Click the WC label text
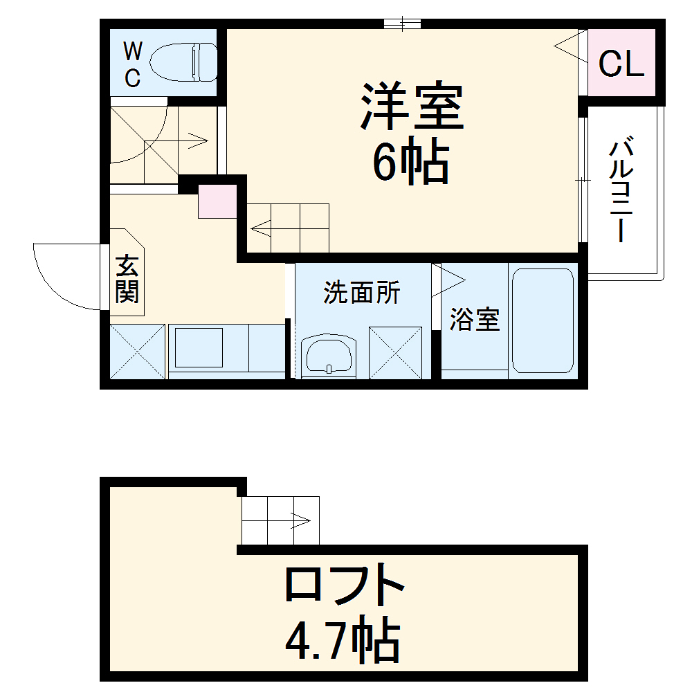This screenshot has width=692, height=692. tap(133, 64)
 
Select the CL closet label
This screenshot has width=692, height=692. tap(621, 64)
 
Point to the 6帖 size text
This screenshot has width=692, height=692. tap(411, 163)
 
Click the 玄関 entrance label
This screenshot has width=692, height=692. tap(127, 279)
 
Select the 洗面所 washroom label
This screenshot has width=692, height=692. tap(362, 293)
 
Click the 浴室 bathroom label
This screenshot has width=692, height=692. tap(475, 320)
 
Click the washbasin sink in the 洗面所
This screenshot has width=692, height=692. tap(328, 356)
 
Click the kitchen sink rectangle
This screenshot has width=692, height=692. tap(199, 347)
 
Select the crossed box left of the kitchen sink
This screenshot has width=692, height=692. tap(138, 351)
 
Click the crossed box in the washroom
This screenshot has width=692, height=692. tap(395, 352)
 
